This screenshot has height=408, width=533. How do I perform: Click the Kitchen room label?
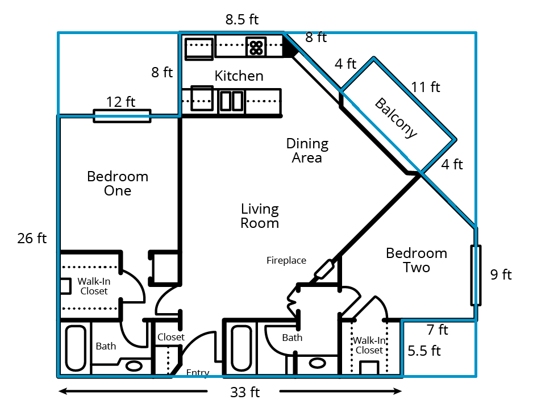tap(239, 76)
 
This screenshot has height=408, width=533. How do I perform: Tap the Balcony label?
tap(396, 118)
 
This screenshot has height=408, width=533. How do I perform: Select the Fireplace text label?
tap(286, 260)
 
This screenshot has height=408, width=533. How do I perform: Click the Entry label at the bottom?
tap(198, 373)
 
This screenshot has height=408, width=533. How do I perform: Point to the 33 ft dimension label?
tap(245, 392)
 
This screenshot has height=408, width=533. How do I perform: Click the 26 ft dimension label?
tap(32, 238)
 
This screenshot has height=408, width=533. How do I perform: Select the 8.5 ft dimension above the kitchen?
tap(241, 19)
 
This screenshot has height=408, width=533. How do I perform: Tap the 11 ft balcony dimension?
tap(426, 87)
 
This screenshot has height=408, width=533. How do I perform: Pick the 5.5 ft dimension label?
tap(424, 351)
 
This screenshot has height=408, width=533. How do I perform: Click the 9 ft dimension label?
tap(501, 274)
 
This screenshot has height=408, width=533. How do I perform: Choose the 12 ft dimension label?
tap(120, 102)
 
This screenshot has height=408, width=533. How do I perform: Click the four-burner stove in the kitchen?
tap(256, 47)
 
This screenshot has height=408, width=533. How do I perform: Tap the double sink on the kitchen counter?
tap(231, 101)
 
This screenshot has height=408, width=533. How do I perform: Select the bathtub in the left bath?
tap(76, 348)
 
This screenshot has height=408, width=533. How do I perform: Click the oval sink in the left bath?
tap(134, 366)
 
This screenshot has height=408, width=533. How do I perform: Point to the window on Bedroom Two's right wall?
tap(476, 275)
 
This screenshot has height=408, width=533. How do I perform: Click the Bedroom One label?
tap(118, 184)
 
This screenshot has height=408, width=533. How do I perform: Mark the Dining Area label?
tap(307, 151)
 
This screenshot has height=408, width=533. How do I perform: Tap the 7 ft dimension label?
tap(438, 330)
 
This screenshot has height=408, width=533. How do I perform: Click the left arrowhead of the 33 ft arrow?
tap(63, 392)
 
